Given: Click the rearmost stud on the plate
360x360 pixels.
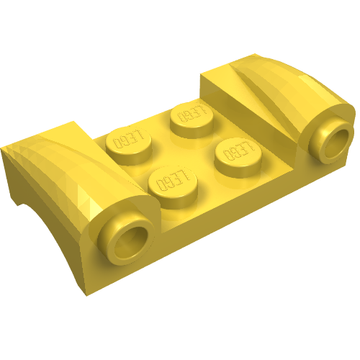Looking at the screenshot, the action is click(192, 119).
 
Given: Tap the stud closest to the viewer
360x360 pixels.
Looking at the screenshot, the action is click(173, 187).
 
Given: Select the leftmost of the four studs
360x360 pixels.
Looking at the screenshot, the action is click(129, 145).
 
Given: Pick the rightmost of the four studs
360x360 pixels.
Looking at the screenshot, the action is click(238, 157).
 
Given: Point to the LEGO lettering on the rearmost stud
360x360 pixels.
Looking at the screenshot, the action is click(193, 113).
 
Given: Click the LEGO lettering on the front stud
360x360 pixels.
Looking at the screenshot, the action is click(173, 180).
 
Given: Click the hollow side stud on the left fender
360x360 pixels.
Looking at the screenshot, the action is click(126, 239).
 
